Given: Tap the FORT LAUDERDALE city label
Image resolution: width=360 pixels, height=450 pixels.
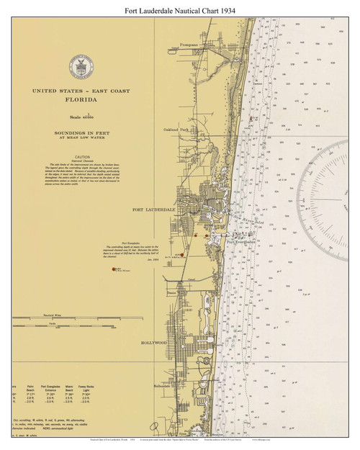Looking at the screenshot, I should (153, 210).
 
